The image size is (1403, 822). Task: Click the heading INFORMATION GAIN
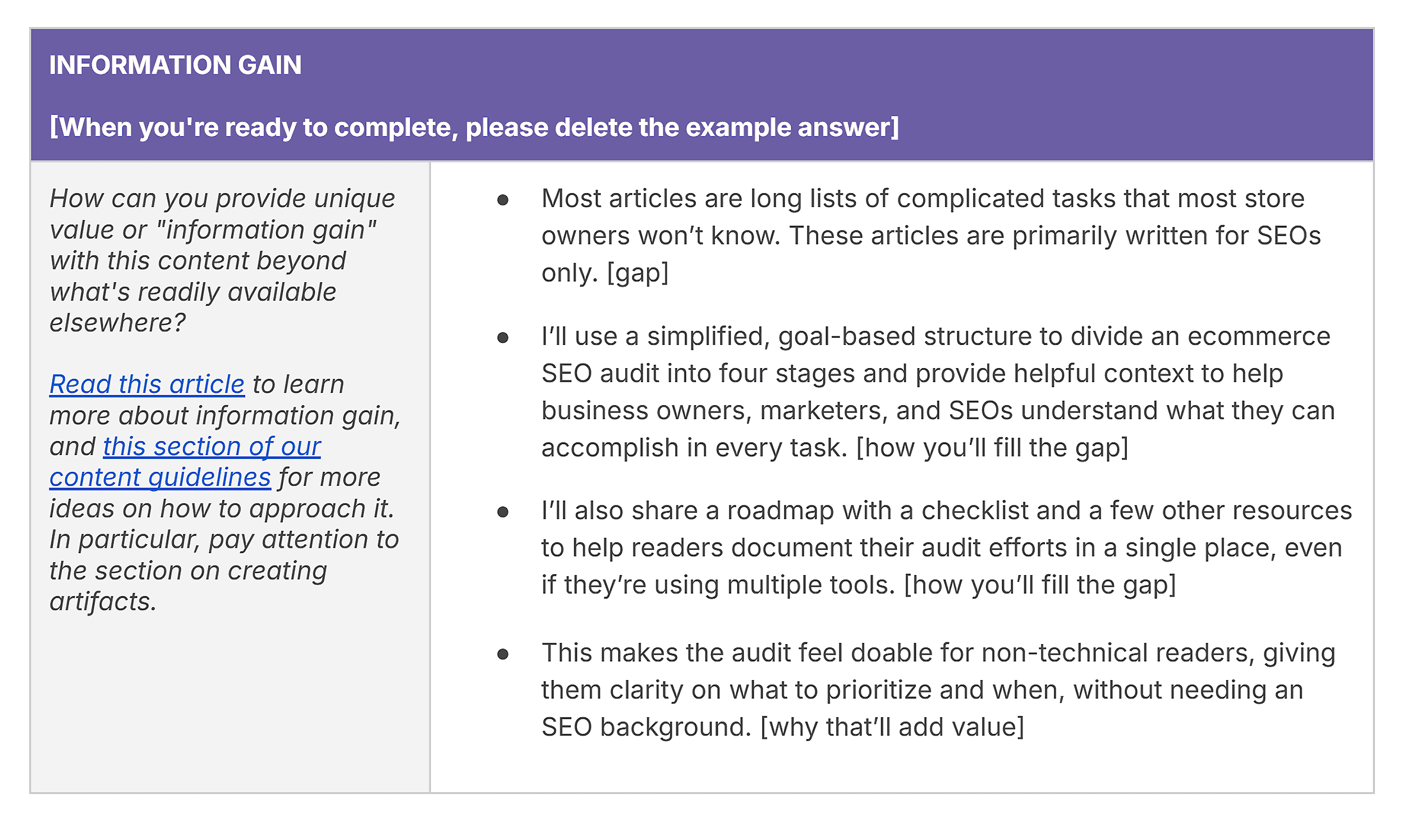[175, 65]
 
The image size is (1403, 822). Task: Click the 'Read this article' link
[147, 384]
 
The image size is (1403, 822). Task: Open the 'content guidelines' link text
[160, 477]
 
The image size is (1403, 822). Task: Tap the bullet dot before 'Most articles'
[503, 200]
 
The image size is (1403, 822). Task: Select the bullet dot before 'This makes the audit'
[503, 654]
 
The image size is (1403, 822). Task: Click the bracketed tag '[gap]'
[638, 273]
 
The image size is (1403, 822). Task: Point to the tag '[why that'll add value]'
[892, 727]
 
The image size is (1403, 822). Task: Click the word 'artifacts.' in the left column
[103, 602]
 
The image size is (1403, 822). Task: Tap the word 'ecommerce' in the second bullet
[1259, 337]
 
